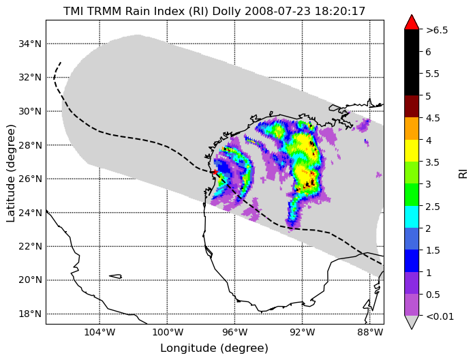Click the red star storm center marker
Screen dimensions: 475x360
click(215, 172)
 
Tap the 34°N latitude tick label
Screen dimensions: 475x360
click(30, 44)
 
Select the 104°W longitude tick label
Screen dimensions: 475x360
click(99, 333)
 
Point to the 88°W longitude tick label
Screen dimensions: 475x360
click(370, 333)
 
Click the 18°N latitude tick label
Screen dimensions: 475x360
click(30, 314)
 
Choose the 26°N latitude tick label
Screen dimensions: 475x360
click(30, 179)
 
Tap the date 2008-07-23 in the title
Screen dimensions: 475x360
click(278, 11)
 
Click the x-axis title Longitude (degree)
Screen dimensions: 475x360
click(215, 348)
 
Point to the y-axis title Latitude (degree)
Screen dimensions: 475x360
click(10, 173)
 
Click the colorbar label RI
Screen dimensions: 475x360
click(463, 174)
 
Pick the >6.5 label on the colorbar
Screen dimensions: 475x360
click(437, 30)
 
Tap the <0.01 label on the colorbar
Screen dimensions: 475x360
click(440, 316)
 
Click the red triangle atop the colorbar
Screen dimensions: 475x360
click(412, 22)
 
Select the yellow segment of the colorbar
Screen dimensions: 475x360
click(412, 151)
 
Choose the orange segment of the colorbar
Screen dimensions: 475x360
click(412, 128)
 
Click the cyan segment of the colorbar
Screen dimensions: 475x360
click(412, 217)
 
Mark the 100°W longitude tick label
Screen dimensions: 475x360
click(167, 333)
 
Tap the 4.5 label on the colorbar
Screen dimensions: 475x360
click(433, 118)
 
